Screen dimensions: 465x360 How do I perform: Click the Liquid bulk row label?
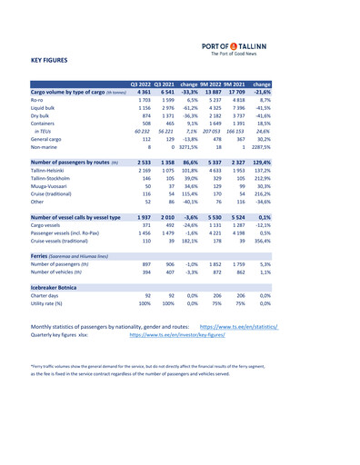coord(47,107)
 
